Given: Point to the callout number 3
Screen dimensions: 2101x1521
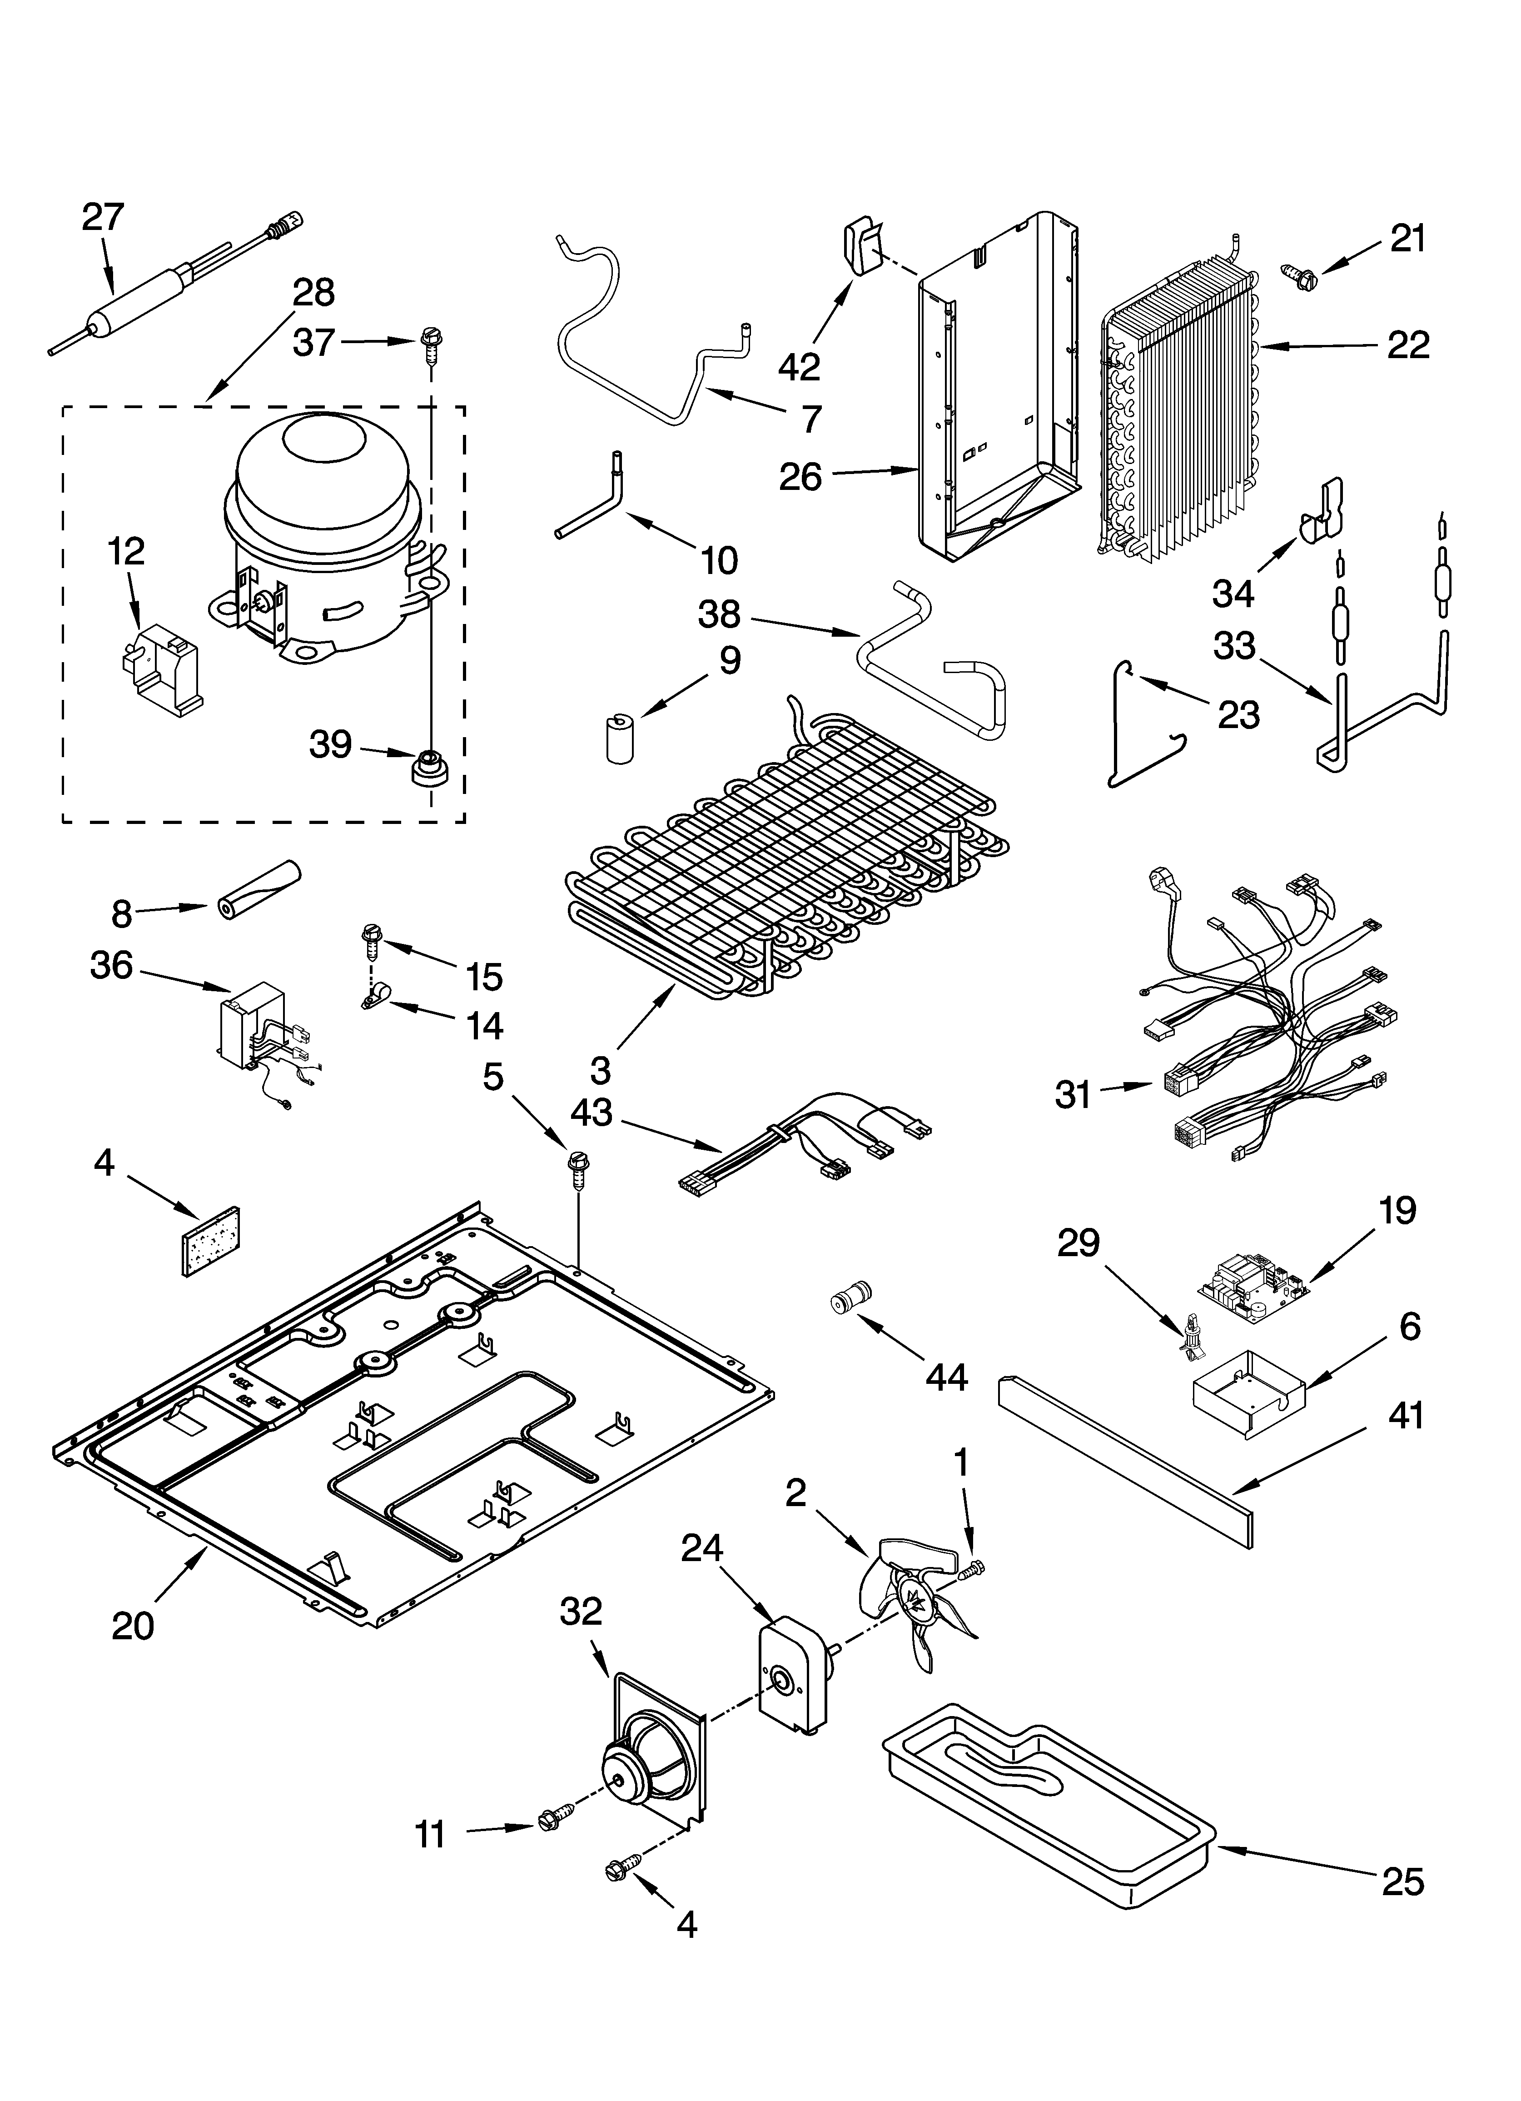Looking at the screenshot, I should (600, 1071).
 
